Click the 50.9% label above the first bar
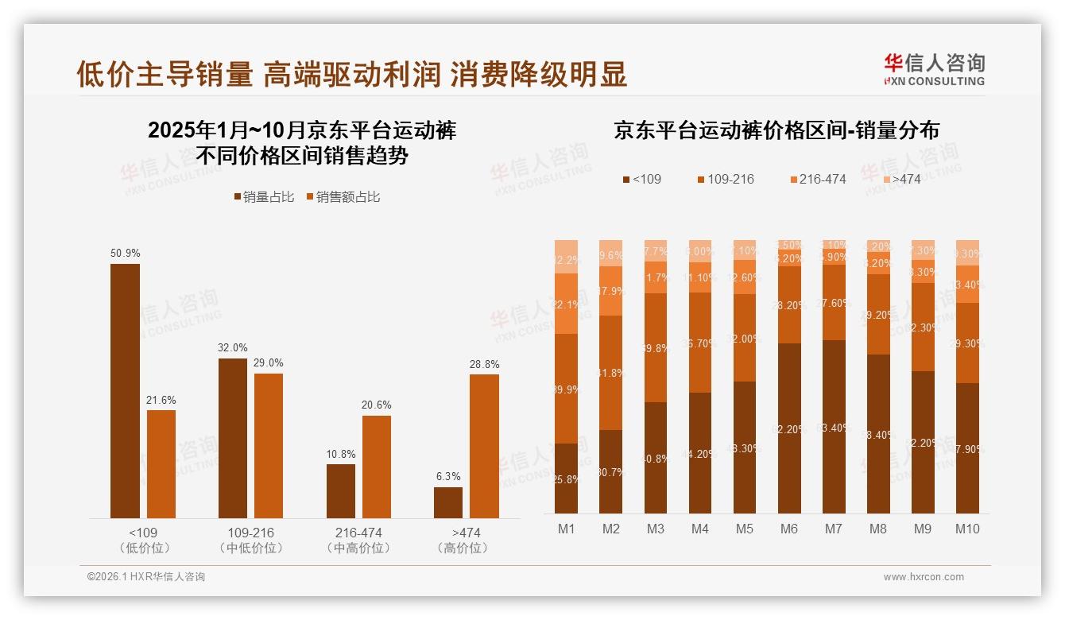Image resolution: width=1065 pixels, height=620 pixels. click(126, 254)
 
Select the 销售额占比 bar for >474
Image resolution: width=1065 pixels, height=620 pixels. click(484, 446)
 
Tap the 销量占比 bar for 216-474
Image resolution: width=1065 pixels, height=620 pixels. click(341, 490)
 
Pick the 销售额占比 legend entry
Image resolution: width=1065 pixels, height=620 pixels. click(343, 197)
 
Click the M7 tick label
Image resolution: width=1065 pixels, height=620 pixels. click(834, 529)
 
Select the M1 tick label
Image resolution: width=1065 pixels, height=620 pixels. click(567, 529)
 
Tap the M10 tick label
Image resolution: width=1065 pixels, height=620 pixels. click(967, 529)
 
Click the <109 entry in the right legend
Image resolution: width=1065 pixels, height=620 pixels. click(641, 179)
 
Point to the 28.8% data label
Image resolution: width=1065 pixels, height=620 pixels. click(484, 364)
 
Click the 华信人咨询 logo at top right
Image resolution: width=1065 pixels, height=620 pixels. click(934, 69)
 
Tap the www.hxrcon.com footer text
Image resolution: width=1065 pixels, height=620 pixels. click(924, 577)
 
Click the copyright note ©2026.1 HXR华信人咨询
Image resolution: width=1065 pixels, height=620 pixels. click(146, 577)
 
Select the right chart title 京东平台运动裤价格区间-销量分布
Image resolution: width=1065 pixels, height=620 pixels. click(776, 131)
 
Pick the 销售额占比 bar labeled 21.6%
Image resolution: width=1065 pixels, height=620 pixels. click(161, 463)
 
